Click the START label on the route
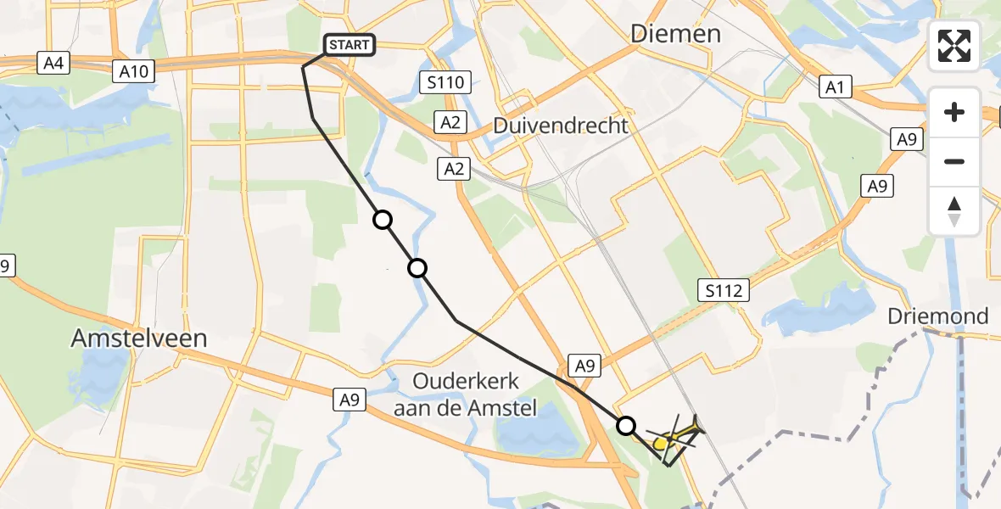pyautogui.click(x=350, y=44)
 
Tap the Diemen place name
pyautogui.click(x=675, y=34)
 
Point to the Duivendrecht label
pyautogui.click(x=562, y=126)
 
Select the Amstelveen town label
pyautogui.click(x=139, y=338)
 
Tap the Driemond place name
pyautogui.click(x=937, y=316)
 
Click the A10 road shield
pyautogui.click(x=134, y=71)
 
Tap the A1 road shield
pyautogui.click(x=835, y=87)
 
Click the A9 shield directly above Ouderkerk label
pyautogui.click(x=584, y=366)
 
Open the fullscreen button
pyautogui.click(x=954, y=46)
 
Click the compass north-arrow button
pyautogui.click(x=954, y=211)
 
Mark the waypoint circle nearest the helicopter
pyautogui.click(x=626, y=425)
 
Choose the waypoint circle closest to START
pyautogui.click(x=383, y=221)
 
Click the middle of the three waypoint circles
pyautogui.click(x=417, y=269)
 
